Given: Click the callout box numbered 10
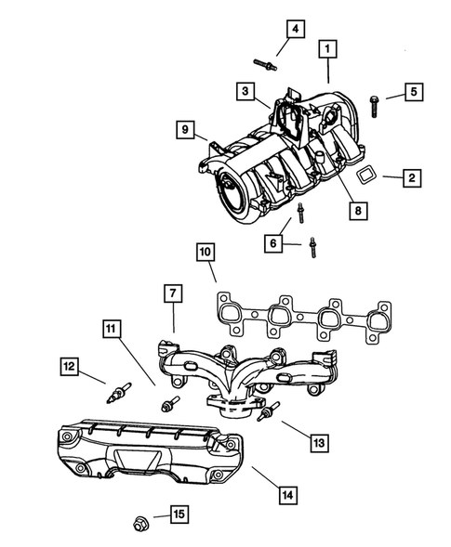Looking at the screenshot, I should [x=205, y=252].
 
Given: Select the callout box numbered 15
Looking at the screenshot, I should [x=179, y=513].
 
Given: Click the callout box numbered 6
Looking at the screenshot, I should [x=273, y=242].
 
